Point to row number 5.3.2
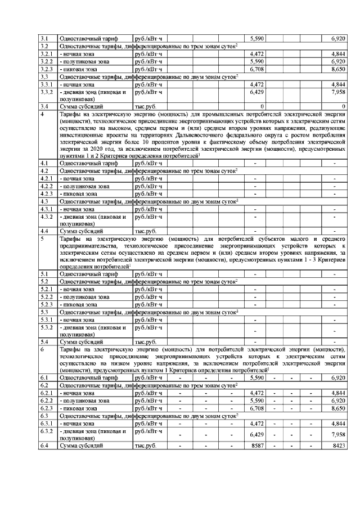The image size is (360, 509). [x=47, y=327]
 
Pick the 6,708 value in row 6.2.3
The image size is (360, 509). [x=256, y=408]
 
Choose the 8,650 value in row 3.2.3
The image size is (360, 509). [x=337, y=69]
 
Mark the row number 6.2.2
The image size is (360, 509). [x=47, y=400]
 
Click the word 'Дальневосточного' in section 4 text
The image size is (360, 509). [x=246, y=136]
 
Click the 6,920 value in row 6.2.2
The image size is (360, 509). [x=337, y=400]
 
